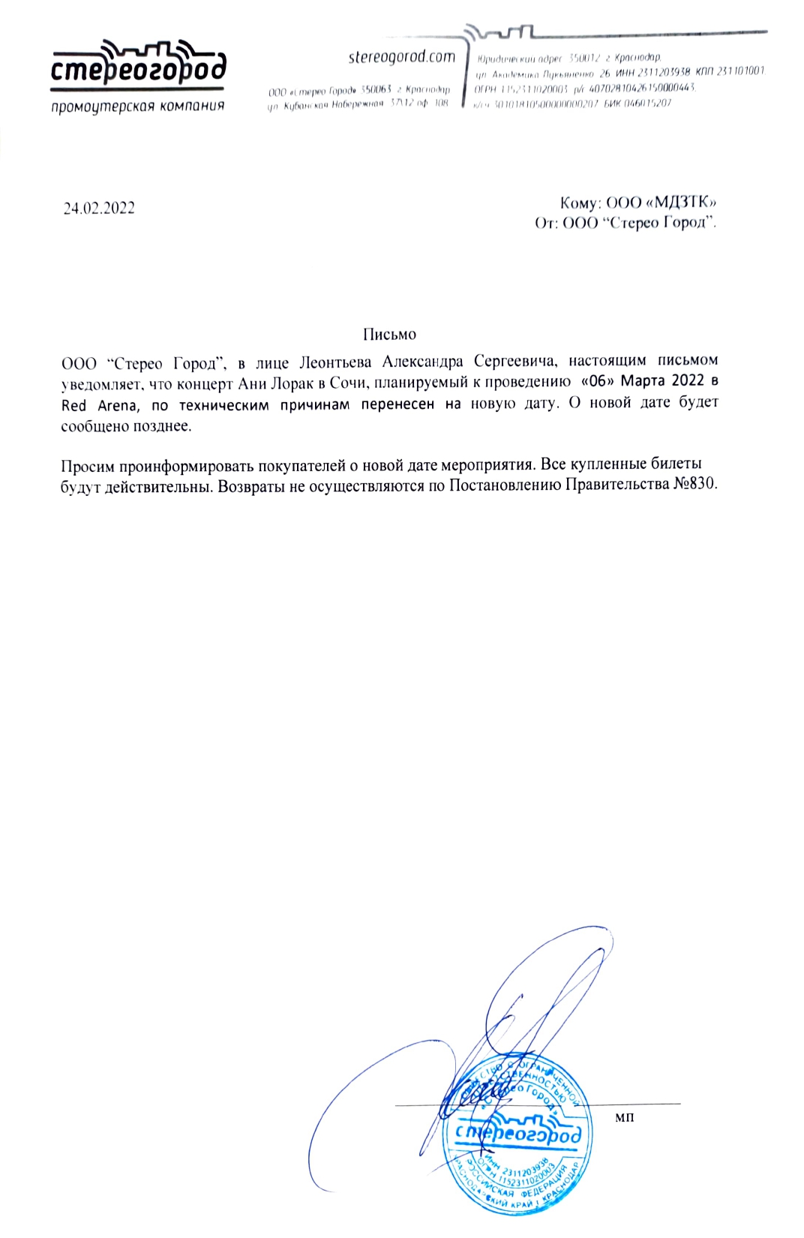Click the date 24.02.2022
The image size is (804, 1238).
[99, 209]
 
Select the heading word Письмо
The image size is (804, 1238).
[389, 334]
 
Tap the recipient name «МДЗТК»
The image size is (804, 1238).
[683, 203]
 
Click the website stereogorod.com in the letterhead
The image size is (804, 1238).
[402, 57]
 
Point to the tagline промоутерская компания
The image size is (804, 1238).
[138, 106]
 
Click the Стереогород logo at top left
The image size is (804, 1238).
[138, 67]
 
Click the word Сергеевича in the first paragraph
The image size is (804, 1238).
[516, 362]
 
